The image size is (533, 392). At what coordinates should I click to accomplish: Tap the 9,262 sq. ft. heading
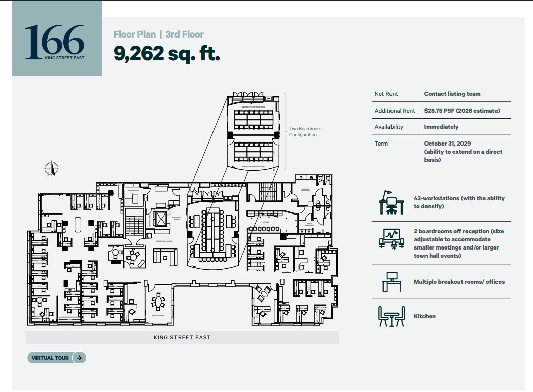click(x=167, y=53)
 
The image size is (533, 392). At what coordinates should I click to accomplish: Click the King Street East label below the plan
click(x=182, y=337)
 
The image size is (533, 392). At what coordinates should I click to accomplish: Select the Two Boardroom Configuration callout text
click(x=305, y=132)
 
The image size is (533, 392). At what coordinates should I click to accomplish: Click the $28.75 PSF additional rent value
click(x=462, y=111)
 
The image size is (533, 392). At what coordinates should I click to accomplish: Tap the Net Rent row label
click(x=386, y=94)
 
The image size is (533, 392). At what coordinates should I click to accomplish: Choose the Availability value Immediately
click(x=441, y=127)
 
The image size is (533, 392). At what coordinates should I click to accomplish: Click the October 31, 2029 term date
click(x=447, y=144)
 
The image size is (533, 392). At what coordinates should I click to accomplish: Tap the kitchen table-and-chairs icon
click(x=392, y=316)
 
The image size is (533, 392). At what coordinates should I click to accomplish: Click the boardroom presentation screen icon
click(x=392, y=238)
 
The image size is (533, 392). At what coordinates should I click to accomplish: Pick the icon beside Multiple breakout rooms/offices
click(x=392, y=282)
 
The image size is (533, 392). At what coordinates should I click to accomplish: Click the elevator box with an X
click(x=161, y=219)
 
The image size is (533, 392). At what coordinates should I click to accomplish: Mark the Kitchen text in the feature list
click(x=424, y=316)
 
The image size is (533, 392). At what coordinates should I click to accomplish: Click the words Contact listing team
click(x=452, y=94)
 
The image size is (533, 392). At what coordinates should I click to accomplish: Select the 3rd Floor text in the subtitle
click(x=185, y=34)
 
